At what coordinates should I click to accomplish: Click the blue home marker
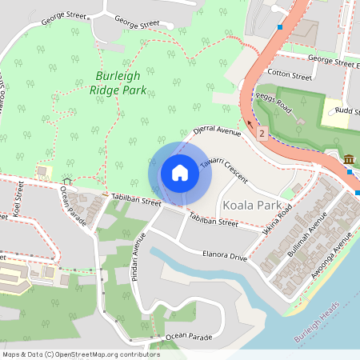pos(180,173)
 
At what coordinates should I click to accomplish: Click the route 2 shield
pos(262,134)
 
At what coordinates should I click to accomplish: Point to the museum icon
pos(350,161)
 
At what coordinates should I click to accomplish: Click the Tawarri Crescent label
pos(223,166)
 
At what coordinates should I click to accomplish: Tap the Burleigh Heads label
pos(316,322)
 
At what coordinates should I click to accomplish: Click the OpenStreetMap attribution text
pos(81,354)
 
